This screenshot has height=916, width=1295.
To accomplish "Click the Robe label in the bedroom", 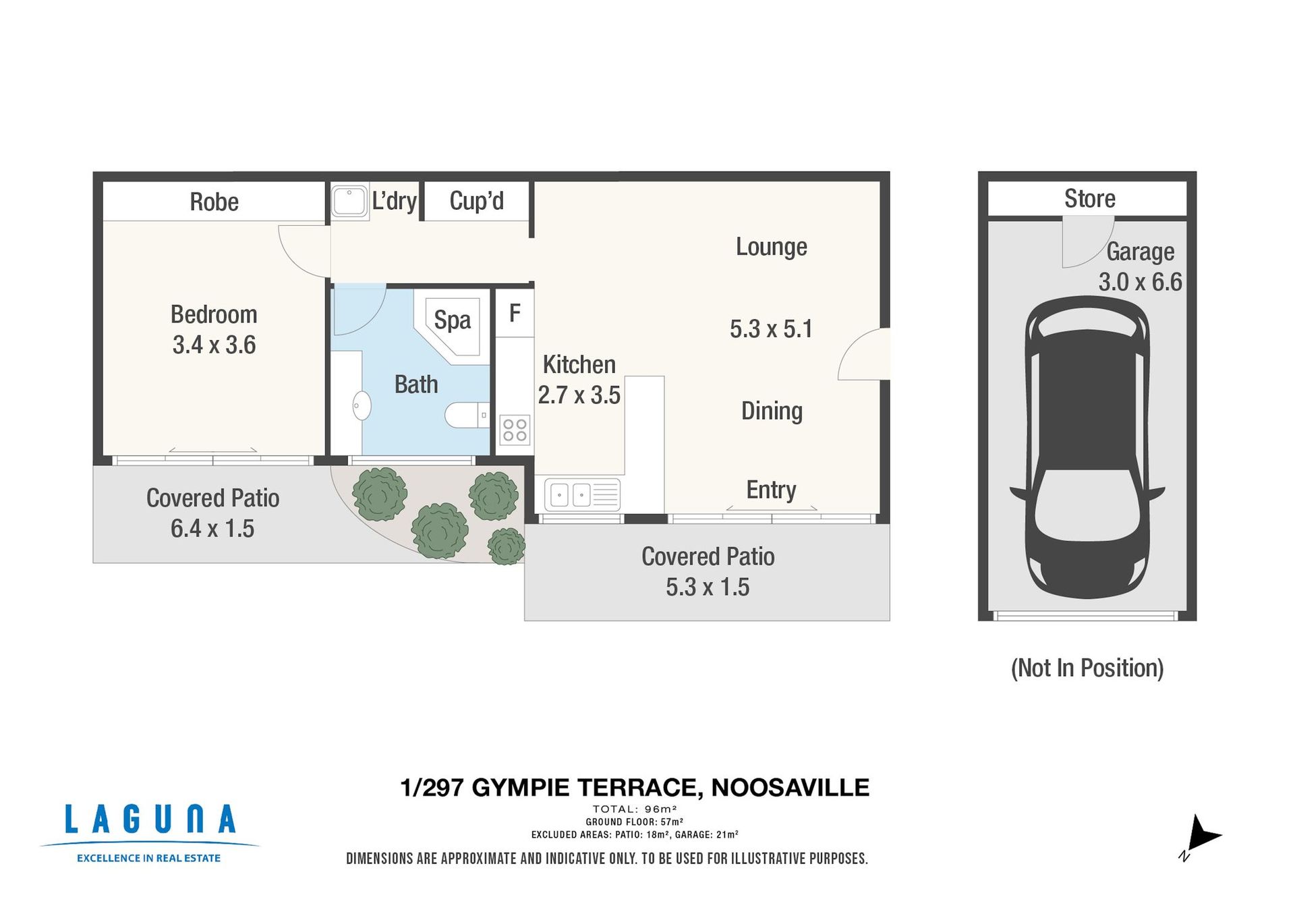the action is click(x=214, y=202).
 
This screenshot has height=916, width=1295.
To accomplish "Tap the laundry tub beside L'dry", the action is click(x=350, y=201).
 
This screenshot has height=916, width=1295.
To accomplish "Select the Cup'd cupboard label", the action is click(x=476, y=200).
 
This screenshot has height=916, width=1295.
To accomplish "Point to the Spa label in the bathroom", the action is click(x=452, y=320).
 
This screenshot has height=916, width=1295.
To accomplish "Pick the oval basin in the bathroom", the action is click(x=362, y=405).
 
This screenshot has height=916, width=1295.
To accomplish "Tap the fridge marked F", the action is click(x=515, y=313).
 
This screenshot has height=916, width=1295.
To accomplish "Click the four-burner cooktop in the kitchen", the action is click(x=515, y=430).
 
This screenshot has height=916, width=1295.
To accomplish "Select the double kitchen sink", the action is click(x=581, y=495).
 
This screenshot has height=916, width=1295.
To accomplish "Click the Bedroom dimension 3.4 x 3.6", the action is click(x=214, y=345).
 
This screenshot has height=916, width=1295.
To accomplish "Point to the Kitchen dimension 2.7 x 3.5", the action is click(x=579, y=395).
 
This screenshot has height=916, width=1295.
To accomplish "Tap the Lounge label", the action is click(x=771, y=247).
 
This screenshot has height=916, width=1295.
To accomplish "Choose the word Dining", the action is click(x=772, y=411).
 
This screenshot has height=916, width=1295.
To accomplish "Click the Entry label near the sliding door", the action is click(x=771, y=490).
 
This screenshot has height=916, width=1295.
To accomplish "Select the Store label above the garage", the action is click(x=1089, y=198).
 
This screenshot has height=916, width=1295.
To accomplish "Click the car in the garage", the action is click(x=1087, y=447).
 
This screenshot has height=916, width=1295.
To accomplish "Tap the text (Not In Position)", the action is click(x=1087, y=668).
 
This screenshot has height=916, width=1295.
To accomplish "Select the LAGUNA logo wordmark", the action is click(x=150, y=820).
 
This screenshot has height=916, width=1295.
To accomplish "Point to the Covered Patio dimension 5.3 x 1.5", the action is click(x=708, y=587).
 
